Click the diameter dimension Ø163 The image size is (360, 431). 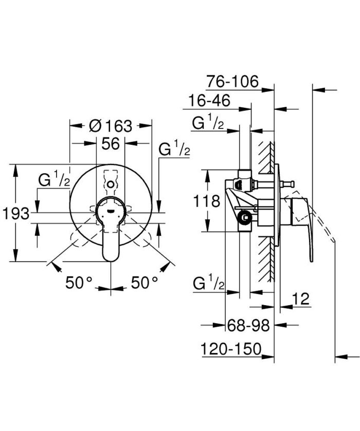[x=111, y=125]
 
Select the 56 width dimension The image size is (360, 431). [x=110, y=144]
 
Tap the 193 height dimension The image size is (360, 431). [x=15, y=213]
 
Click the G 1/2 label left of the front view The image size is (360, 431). [x=55, y=180]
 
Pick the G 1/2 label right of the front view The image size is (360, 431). [x=174, y=149]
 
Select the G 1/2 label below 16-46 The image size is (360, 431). [x=208, y=123]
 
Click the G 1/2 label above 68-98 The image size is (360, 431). [x=208, y=283]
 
